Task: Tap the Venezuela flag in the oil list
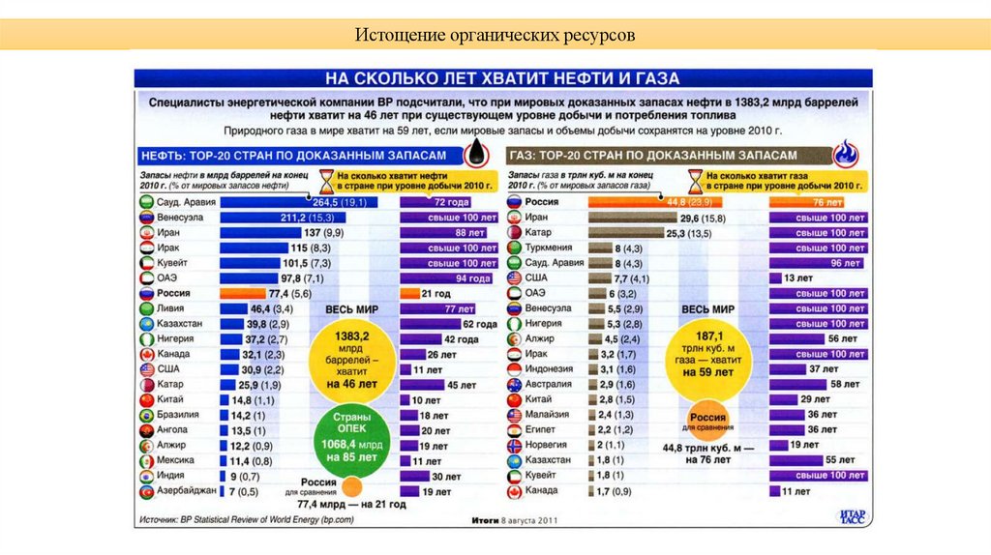[146, 218]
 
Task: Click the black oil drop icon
[477, 154]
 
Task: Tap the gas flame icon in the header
[846, 154]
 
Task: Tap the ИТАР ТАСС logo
[851, 517]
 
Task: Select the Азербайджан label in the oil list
[185, 492]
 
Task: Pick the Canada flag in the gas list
[515, 491]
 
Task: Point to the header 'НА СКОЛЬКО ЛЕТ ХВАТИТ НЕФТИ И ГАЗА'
[502, 78]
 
